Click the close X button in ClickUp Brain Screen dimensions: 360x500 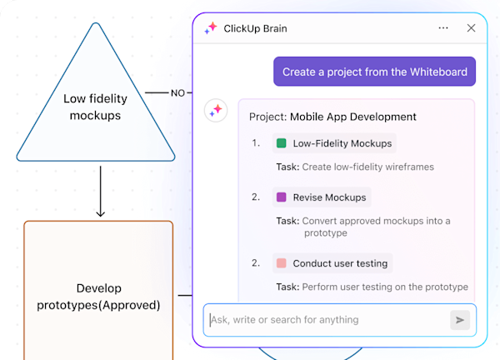click(x=471, y=27)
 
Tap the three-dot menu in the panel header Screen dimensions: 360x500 click(x=443, y=27)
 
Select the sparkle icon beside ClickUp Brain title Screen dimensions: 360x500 click(x=211, y=28)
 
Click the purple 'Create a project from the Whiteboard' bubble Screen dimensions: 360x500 click(x=375, y=72)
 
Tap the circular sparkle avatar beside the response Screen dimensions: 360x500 click(x=216, y=110)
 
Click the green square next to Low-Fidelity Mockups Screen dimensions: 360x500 click(x=281, y=143)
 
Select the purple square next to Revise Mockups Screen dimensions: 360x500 click(x=281, y=197)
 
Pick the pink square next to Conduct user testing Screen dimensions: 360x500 click(x=281, y=263)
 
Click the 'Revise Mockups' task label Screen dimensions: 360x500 click(x=329, y=197)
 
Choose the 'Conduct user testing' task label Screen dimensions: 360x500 click(x=340, y=263)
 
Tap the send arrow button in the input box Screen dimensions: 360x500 click(x=459, y=320)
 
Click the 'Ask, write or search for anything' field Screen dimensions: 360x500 click(x=325, y=320)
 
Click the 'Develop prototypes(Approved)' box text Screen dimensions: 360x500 click(x=98, y=297)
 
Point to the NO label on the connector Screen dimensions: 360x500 click(x=177, y=93)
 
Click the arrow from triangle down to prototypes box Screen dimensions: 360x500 click(x=100, y=192)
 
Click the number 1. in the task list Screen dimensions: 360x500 click(x=257, y=143)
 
